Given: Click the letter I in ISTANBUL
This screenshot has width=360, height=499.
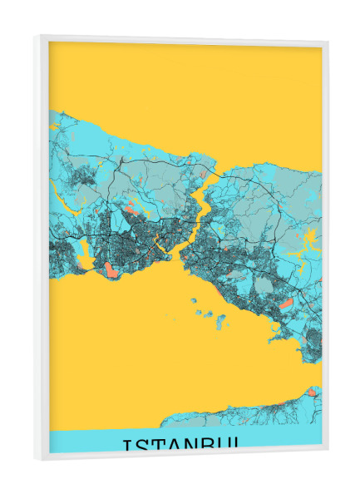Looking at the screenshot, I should click(126, 445).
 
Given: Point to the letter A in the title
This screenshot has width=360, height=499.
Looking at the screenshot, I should click(178, 446).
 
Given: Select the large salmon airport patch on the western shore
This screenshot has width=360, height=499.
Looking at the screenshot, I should click(110, 269).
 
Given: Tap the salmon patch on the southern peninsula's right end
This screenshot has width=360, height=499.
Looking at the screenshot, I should click(312, 392).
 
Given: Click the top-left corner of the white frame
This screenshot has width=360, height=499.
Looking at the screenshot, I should click(36, 36).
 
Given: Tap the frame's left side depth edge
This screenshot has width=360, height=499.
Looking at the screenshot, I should click(39, 249).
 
